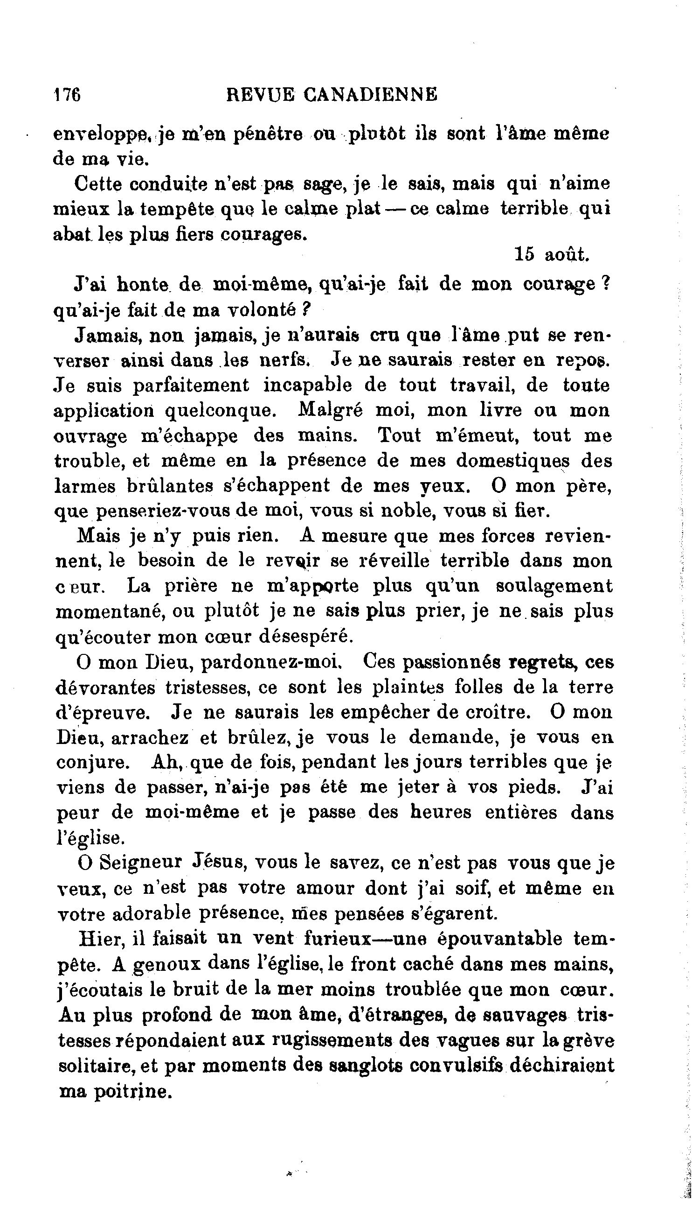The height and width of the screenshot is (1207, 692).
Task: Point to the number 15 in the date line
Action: click(525, 254)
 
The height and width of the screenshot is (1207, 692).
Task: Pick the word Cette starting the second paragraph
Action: click(99, 184)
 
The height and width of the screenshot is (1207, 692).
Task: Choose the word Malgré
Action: click(330, 410)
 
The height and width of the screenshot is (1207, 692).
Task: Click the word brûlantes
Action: click(169, 485)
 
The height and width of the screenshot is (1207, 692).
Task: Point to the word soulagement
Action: click(554, 586)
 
